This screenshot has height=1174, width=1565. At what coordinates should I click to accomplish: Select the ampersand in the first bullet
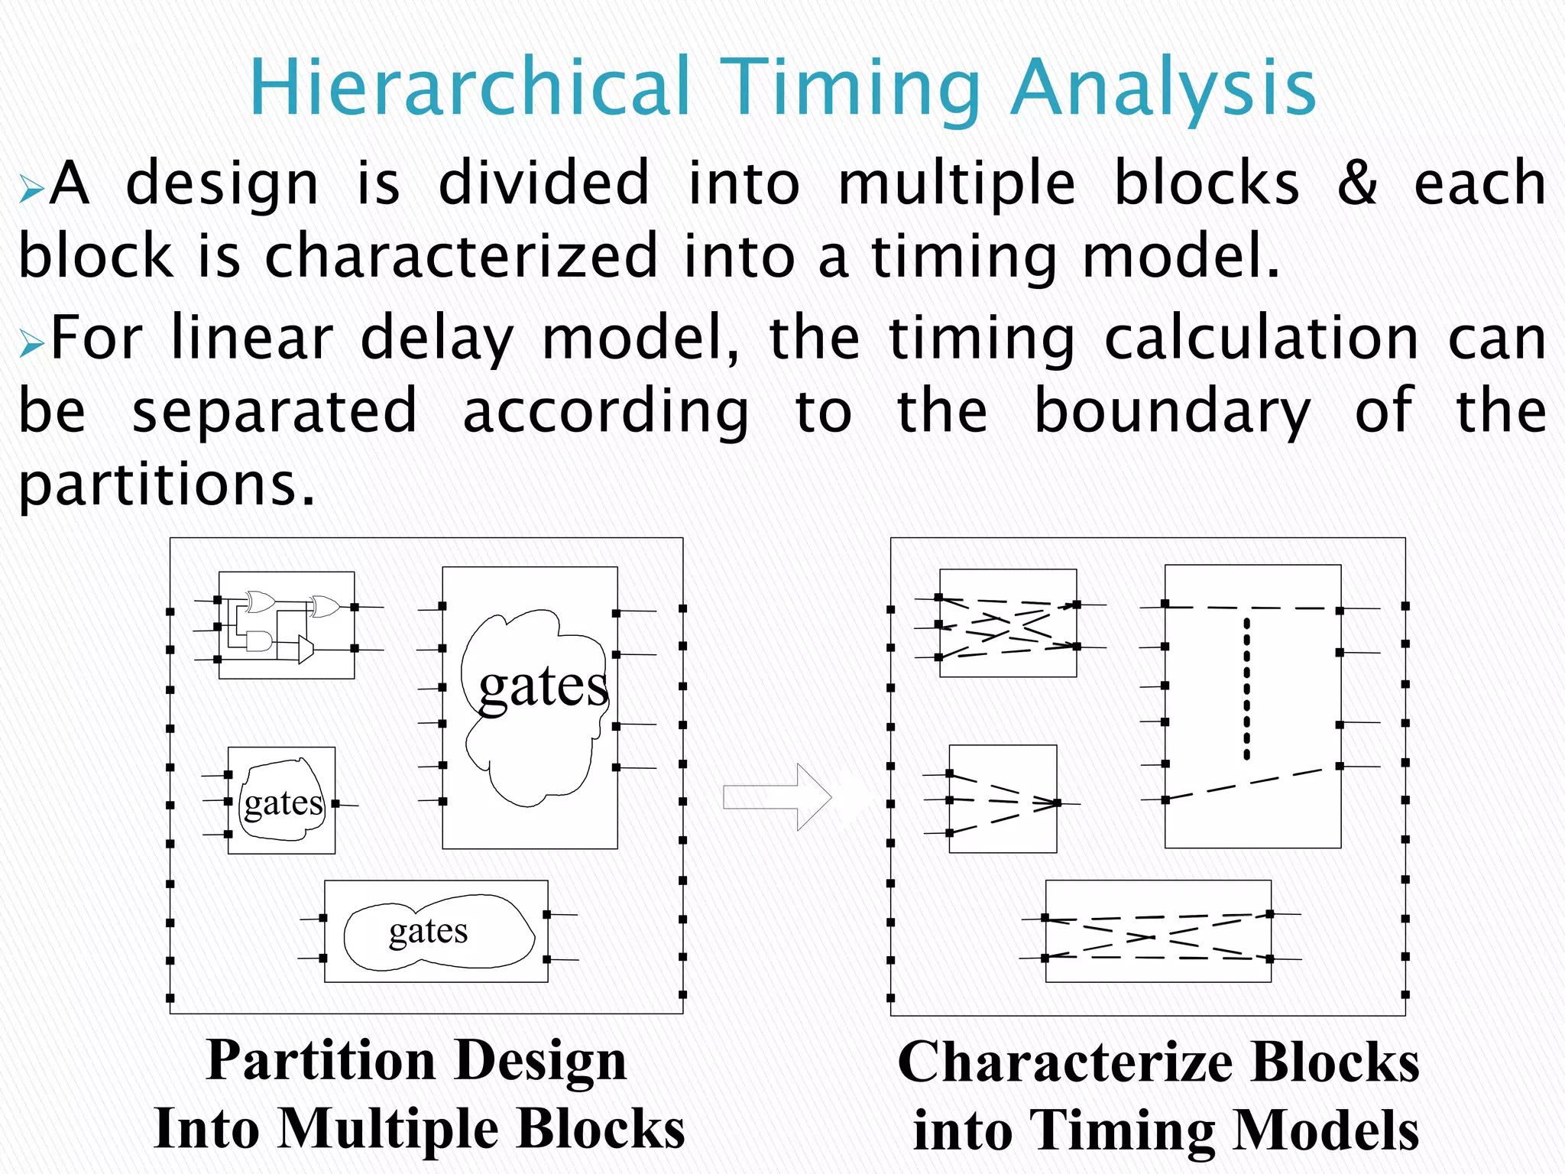coord(1356,183)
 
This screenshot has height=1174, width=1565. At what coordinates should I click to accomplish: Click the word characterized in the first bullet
coord(461,255)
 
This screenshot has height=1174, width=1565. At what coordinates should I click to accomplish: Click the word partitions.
coord(166,485)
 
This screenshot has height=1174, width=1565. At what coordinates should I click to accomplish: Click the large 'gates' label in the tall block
coord(543,686)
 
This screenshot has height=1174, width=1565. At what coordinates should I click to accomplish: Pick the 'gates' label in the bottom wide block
coord(428,932)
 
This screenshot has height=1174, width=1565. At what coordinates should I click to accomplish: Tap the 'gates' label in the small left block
coord(284,803)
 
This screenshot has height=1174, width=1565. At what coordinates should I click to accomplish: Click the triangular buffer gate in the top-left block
coord(306,649)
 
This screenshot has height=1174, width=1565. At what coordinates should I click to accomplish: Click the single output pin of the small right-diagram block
coord(1058,803)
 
